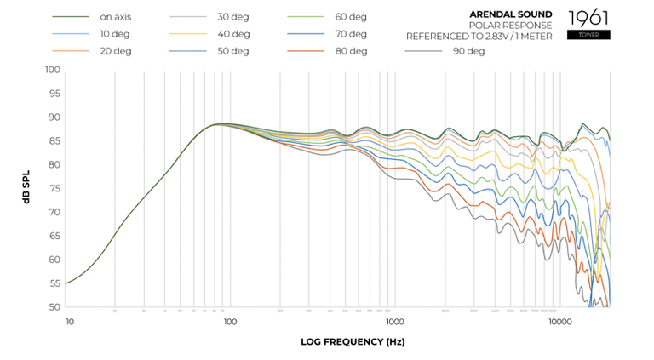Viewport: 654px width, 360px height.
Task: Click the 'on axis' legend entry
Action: [115, 17]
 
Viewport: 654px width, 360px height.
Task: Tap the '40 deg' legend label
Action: [233, 34]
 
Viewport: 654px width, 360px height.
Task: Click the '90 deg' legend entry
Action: [468, 51]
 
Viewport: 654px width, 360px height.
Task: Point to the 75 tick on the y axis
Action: [54, 188]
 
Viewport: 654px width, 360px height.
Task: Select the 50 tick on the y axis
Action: [54, 306]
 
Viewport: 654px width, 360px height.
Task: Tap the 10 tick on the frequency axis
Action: [70, 322]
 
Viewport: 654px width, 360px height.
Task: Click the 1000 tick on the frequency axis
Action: [394, 322]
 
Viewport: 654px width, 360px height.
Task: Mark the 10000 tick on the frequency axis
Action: [559, 322]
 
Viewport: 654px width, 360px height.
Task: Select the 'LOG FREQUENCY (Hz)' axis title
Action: [353, 342]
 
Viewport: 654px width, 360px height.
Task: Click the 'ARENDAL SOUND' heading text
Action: [510, 14]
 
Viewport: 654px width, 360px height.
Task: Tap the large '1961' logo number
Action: [588, 17]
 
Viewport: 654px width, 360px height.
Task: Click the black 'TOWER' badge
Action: [588, 35]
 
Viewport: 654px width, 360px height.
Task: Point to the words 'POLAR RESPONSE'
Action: [517, 26]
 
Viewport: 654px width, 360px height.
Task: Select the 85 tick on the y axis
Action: [54, 140]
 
